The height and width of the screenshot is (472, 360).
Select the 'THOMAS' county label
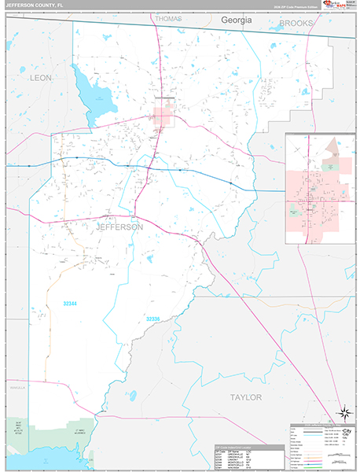tap(168, 18)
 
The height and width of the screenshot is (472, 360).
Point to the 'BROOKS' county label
tap(296, 24)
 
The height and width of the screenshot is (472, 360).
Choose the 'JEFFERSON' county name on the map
tap(119, 227)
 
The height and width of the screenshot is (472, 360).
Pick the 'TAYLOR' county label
tap(245, 397)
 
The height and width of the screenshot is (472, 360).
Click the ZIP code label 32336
tap(152, 319)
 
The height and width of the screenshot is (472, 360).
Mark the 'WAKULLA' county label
tap(17, 388)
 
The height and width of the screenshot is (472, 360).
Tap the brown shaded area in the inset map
tap(332, 146)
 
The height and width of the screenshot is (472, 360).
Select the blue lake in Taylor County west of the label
tap(133, 396)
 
